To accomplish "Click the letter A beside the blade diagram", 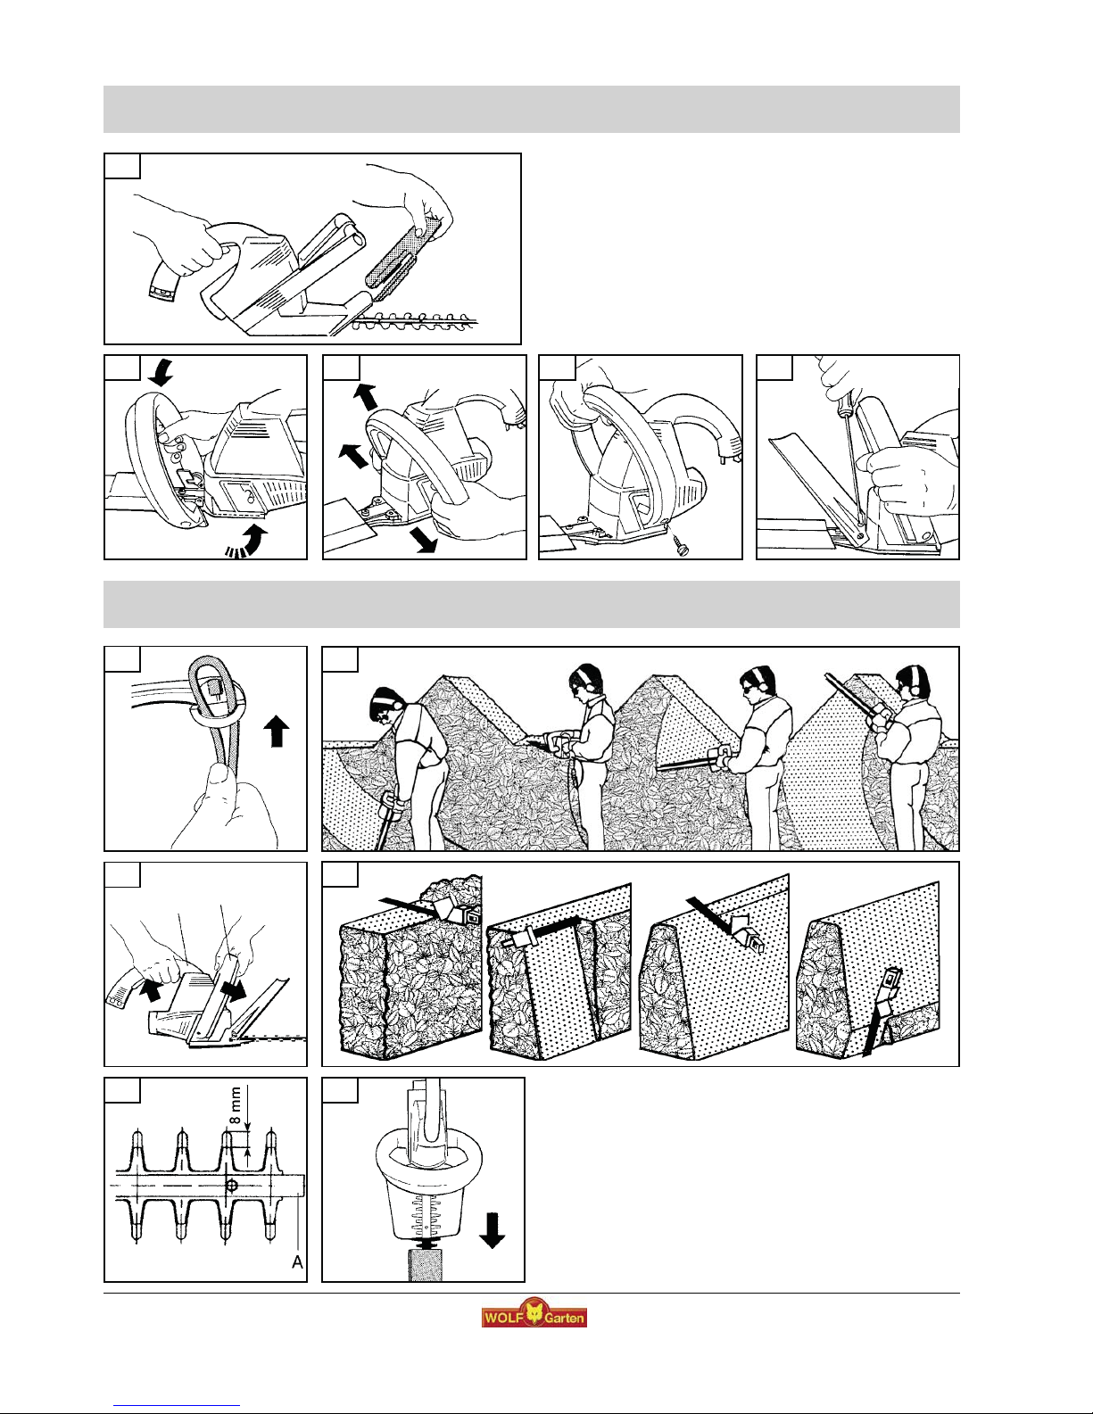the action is (x=297, y=1262).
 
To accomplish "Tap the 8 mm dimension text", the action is (x=236, y=1105).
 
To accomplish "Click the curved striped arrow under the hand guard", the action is (x=247, y=542).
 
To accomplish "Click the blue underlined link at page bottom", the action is (x=177, y=1406).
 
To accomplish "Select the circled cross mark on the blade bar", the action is (x=231, y=1186).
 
